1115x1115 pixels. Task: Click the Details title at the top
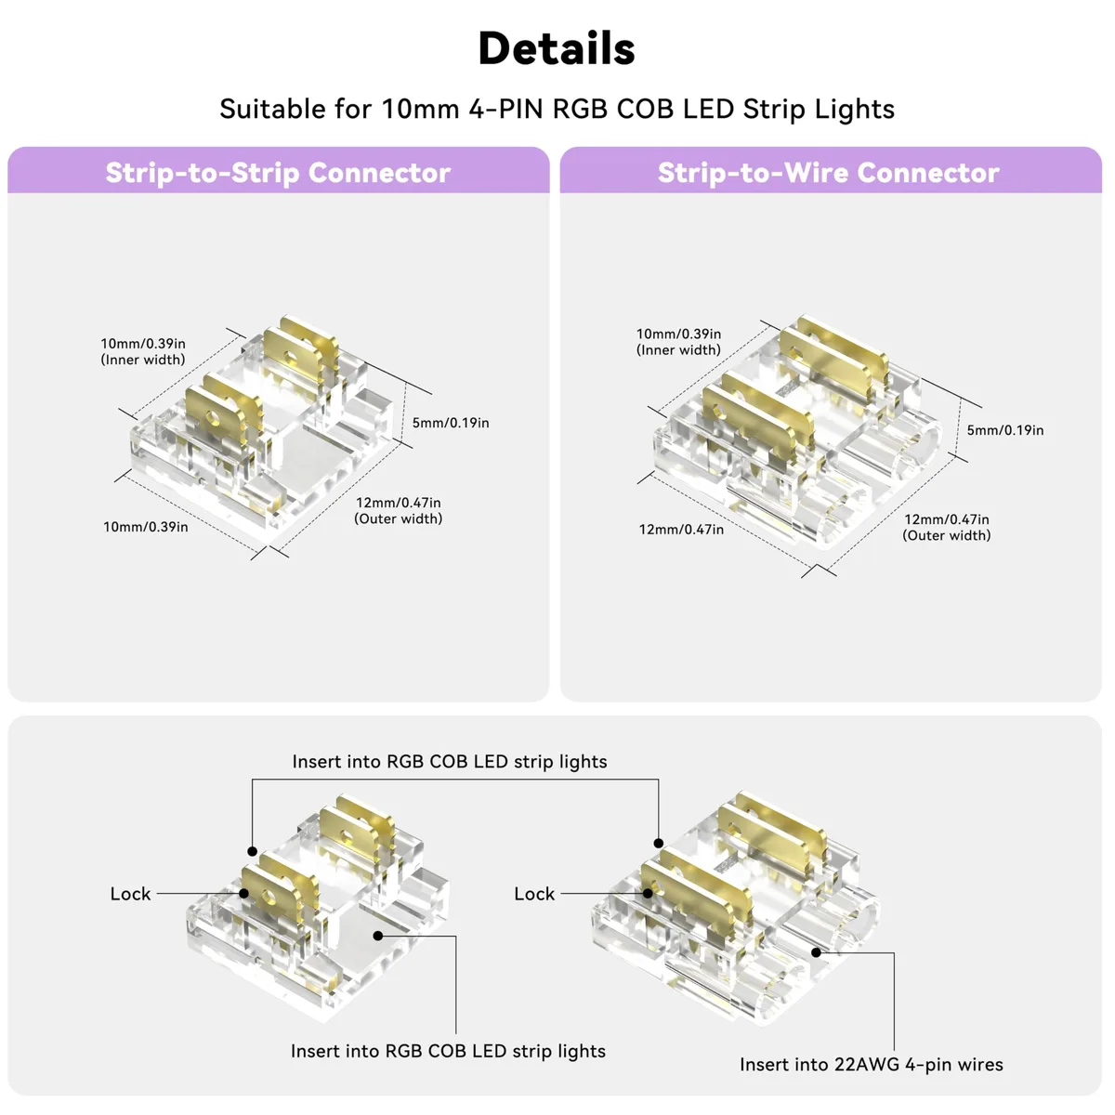pos(557,48)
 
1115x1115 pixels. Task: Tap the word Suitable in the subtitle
pos(272,109)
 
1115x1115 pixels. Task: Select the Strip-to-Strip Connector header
pos(278,173)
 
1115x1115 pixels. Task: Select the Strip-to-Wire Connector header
pos(829,173)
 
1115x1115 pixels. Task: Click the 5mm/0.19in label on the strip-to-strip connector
pos(450,423)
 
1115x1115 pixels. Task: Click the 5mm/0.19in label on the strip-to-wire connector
pos(1005,430)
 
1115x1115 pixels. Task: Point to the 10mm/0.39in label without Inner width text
pos(146,527)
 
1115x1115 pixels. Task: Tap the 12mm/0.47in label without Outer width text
pos(681,530)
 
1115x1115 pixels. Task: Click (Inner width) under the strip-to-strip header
pos(143,360)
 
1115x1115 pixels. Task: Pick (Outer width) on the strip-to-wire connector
pos(947,536)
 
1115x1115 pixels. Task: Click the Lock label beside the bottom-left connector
pos(130,894)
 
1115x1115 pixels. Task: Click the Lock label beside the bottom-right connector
pos(534,894)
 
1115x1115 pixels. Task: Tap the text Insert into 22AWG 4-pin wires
pos(872,1065)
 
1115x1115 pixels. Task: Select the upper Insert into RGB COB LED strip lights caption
pos(450,762)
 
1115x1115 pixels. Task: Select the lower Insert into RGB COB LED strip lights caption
pos(448,1051)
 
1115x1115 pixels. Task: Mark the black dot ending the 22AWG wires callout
pos(816,952)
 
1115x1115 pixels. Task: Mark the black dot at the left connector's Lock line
pos(243,894)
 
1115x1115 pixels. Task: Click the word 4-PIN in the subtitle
pos(505,109)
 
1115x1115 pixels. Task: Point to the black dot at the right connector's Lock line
pos(648,894)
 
